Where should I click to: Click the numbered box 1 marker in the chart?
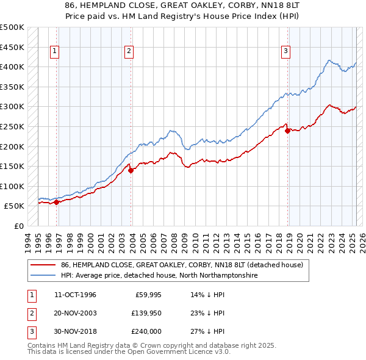pos(55,52)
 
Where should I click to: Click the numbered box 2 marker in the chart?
pos(129,52)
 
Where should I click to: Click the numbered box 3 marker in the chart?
pos(285,52)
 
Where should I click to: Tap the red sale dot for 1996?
pos(56,202)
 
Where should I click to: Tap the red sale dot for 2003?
pos(131,170)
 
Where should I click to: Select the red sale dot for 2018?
pos(287,130)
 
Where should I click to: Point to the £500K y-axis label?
pos(12,27)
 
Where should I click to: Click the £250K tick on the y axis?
pos(12,126)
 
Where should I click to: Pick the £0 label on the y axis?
pos(18,226)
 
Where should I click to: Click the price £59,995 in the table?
pos(146,295)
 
